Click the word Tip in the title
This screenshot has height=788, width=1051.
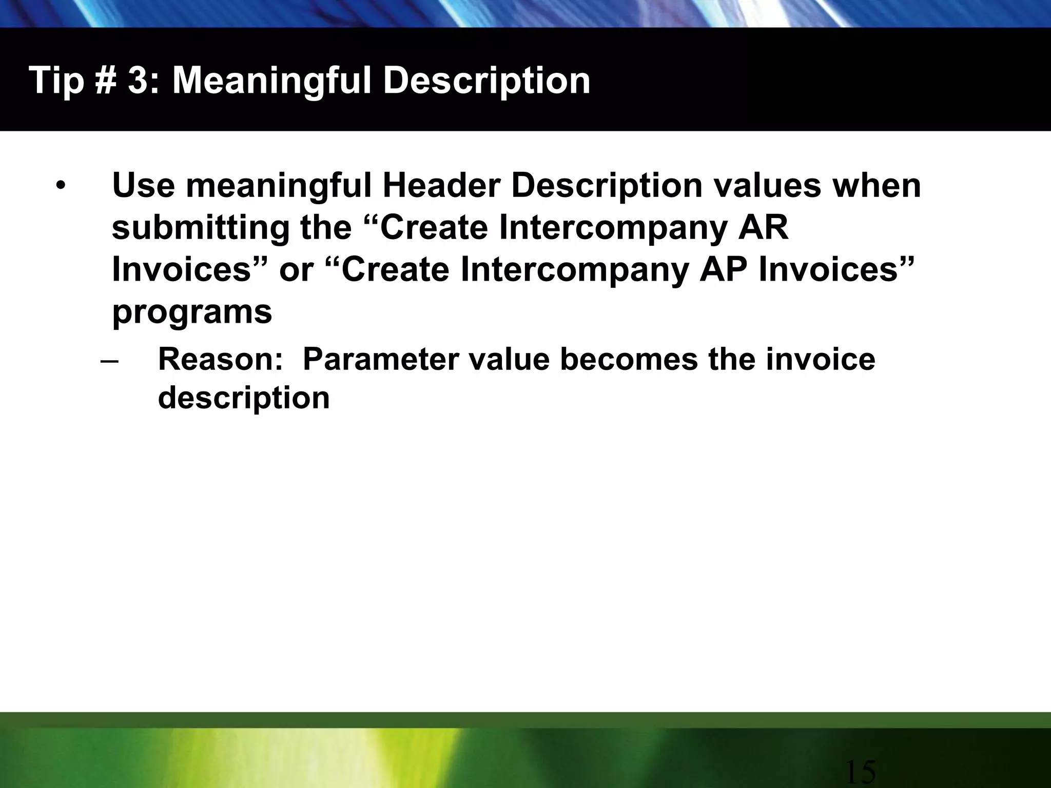point(56,81)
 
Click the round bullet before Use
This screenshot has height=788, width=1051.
point(62,187)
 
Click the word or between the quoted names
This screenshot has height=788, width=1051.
point(296,270)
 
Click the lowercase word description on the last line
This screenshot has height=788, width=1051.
point(244,398)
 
